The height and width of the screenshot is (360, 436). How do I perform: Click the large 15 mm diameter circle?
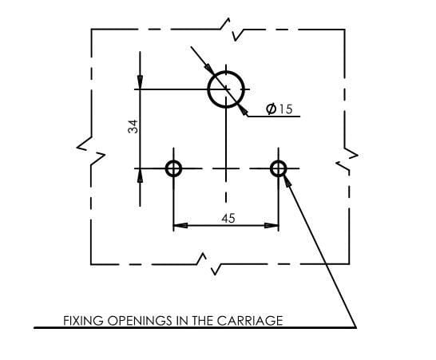[208, 89]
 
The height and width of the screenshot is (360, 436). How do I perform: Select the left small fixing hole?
[166, 168]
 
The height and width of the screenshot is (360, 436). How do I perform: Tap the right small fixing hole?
[271, 168]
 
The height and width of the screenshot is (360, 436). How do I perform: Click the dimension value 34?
[133, 126]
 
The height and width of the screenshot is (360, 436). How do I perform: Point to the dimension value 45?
[228, 219]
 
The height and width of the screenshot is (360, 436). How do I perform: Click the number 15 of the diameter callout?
[286, 109]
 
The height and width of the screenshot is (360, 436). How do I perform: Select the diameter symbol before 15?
[272, 109]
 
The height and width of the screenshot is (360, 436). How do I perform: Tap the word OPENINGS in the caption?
[140, 321]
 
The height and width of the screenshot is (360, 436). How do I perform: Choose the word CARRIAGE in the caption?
[250, 321]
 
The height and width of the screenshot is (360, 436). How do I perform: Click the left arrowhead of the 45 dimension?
[180, 225]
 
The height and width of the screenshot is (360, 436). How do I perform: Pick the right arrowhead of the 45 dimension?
[272, 225]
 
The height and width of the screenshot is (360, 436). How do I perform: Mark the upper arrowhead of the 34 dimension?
[140, 82]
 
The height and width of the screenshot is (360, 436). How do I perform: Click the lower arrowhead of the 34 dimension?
[140, 176]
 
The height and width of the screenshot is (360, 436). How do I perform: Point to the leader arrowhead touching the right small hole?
[287, 180]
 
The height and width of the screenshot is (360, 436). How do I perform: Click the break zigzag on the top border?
[232, 30]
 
